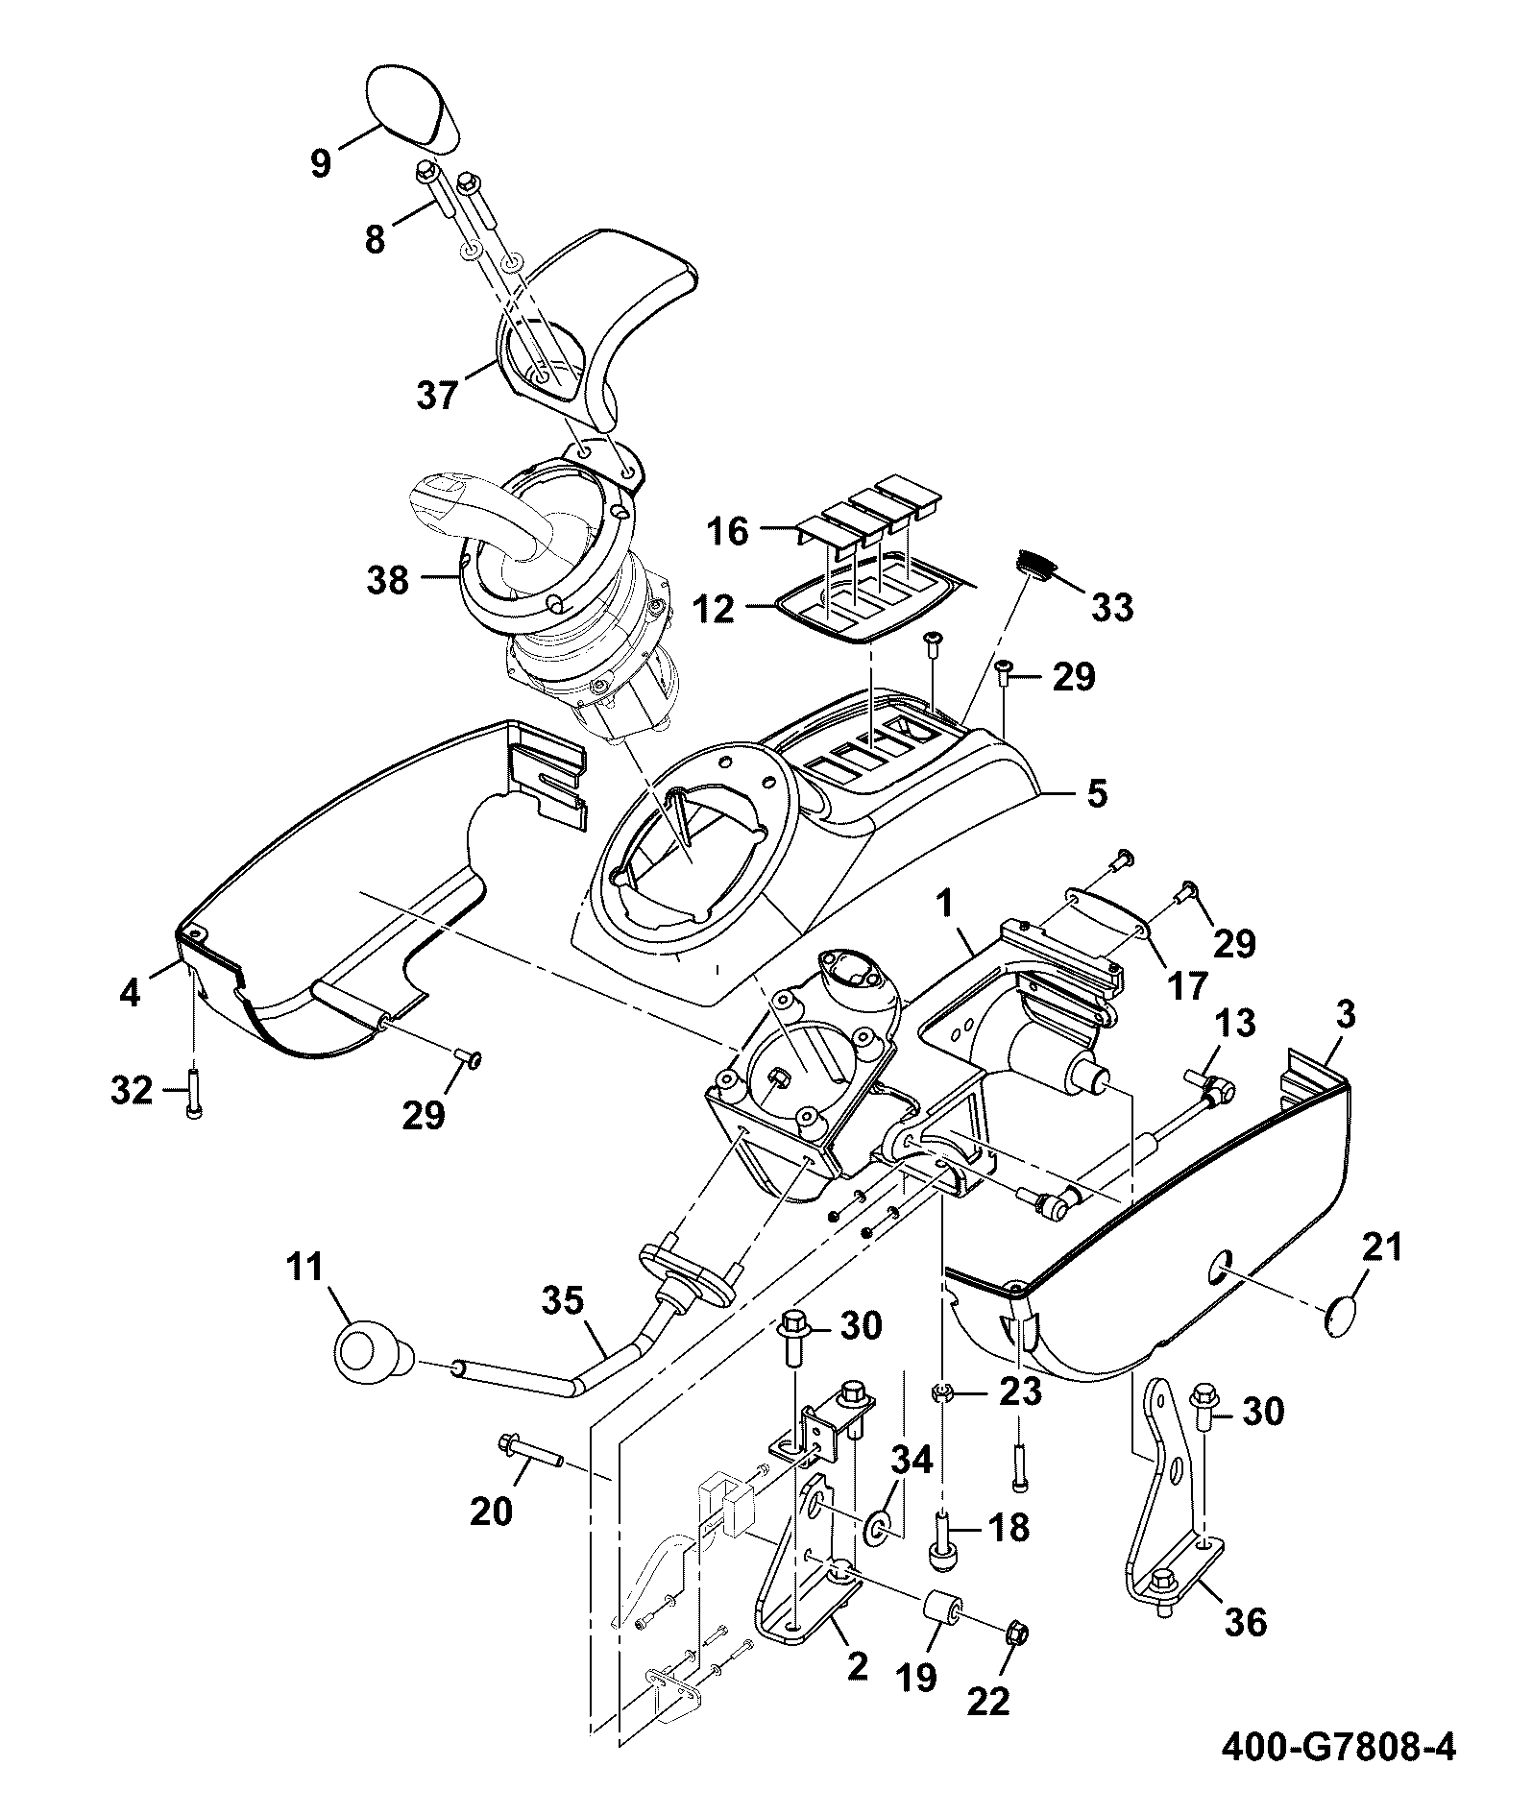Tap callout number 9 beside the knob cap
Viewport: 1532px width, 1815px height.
[x=321, y=163]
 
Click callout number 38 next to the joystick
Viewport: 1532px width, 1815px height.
[x=388, y=580]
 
